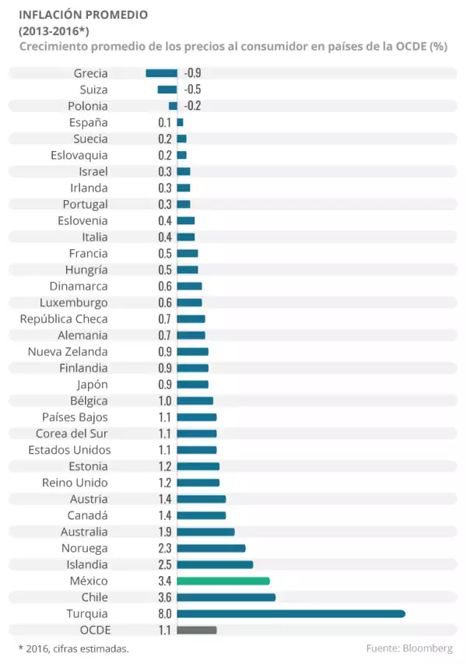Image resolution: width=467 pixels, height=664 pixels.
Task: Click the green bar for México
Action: pos(223,581)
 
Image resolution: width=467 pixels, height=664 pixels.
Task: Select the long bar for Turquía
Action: pos(291,613)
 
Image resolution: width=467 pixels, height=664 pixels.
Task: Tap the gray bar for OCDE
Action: pos(197,630)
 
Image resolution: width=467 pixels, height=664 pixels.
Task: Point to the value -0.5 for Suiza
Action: pos(193,90)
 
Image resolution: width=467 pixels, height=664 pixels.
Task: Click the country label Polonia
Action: pos(88,106)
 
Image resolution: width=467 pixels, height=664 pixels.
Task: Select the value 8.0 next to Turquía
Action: pos(164,613)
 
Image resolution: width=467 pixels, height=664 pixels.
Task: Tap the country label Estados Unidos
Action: pos(69,450)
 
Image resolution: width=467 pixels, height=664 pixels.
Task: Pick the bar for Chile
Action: pos(226,597)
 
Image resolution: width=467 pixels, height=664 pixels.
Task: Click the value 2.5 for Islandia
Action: pos(164,564)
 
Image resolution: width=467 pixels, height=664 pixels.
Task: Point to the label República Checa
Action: pos(64,319)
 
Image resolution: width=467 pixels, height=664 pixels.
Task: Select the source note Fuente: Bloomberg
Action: pos(409,648)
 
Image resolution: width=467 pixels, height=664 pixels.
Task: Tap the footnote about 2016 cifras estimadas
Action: pos(73,648)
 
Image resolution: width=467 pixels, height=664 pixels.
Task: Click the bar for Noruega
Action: pos(211,548)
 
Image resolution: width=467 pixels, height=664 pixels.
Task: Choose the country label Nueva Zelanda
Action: pos(68,352)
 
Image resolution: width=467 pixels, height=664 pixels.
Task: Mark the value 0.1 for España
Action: pos(164,122)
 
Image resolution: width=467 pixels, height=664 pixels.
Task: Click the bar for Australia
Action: pos(205,532)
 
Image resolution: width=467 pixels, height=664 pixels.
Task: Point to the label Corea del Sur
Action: pos(72,434)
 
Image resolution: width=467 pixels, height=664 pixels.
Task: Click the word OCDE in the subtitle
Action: pos(413,47)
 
